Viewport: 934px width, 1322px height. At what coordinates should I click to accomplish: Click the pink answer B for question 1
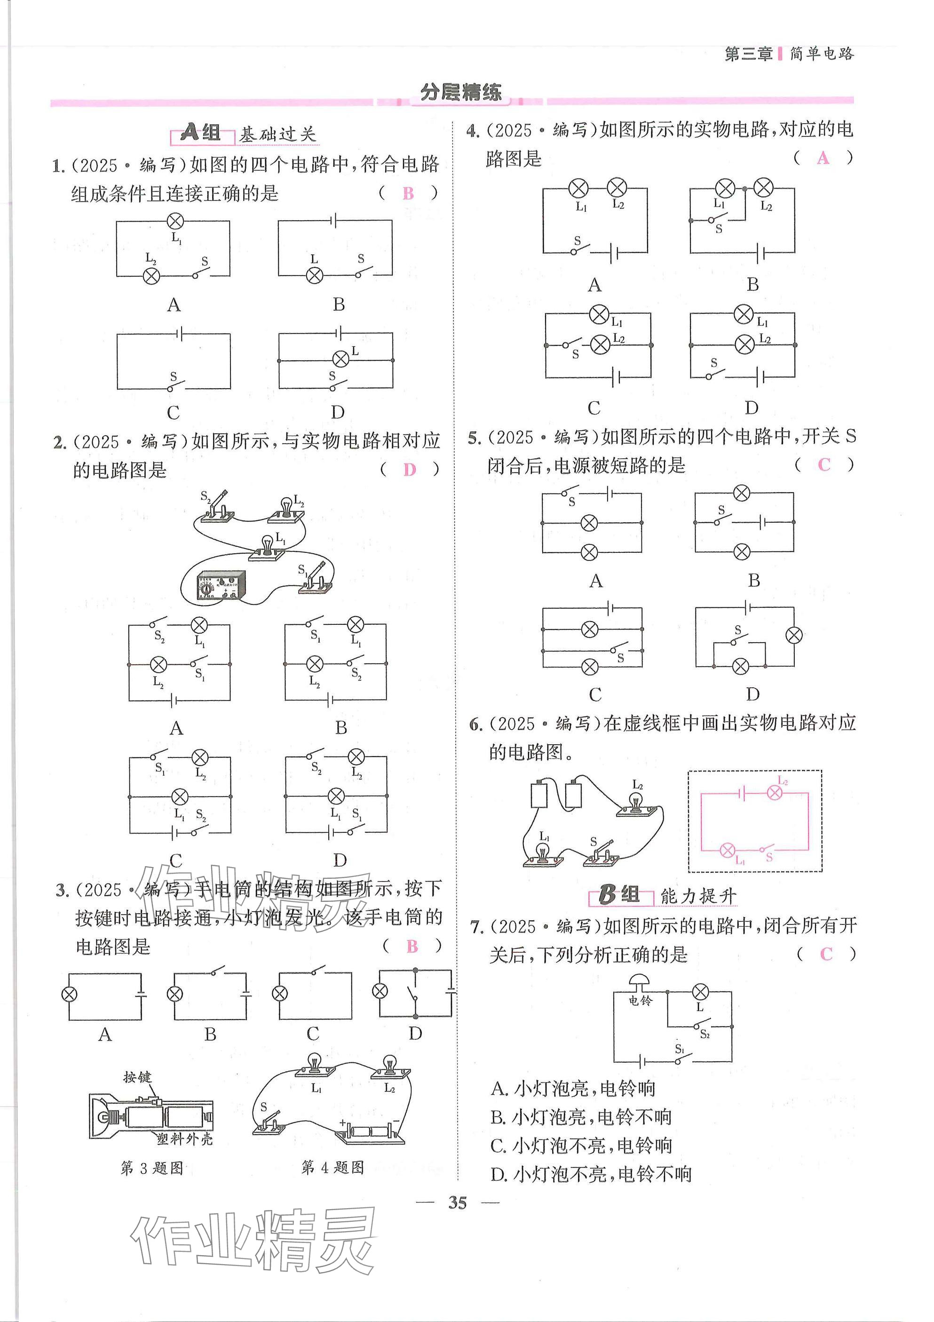pyautogui.click(x=408, y=193)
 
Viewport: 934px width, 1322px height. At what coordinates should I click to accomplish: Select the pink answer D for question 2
pyautogui.click(x=409, y=470)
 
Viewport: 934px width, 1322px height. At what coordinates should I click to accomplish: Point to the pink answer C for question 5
pyautogui.click(x=824, y=465)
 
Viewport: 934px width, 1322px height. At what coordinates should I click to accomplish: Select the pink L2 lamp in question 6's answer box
pyautogui.click(x=775, y=793)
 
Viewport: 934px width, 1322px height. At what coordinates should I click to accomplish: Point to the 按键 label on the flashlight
pyautogui.click(x=137, y=1077)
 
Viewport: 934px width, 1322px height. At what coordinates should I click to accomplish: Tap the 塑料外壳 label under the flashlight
pyautogui.click(x=184, y=1139)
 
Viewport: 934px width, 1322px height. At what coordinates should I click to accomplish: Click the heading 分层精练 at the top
pyautogui.click(x=461, y=92)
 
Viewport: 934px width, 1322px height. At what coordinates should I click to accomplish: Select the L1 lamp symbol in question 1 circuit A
pyautogui.click(x=175, y=221)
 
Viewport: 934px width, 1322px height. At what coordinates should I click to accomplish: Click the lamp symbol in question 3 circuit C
pyautogui.click(x=280, y=993)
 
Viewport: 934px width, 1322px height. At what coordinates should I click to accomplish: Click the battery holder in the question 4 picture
pyautogui.click(x=370, y=1131)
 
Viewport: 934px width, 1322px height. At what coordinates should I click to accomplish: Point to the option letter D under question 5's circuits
pyautogui.click(x=752, y=694)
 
